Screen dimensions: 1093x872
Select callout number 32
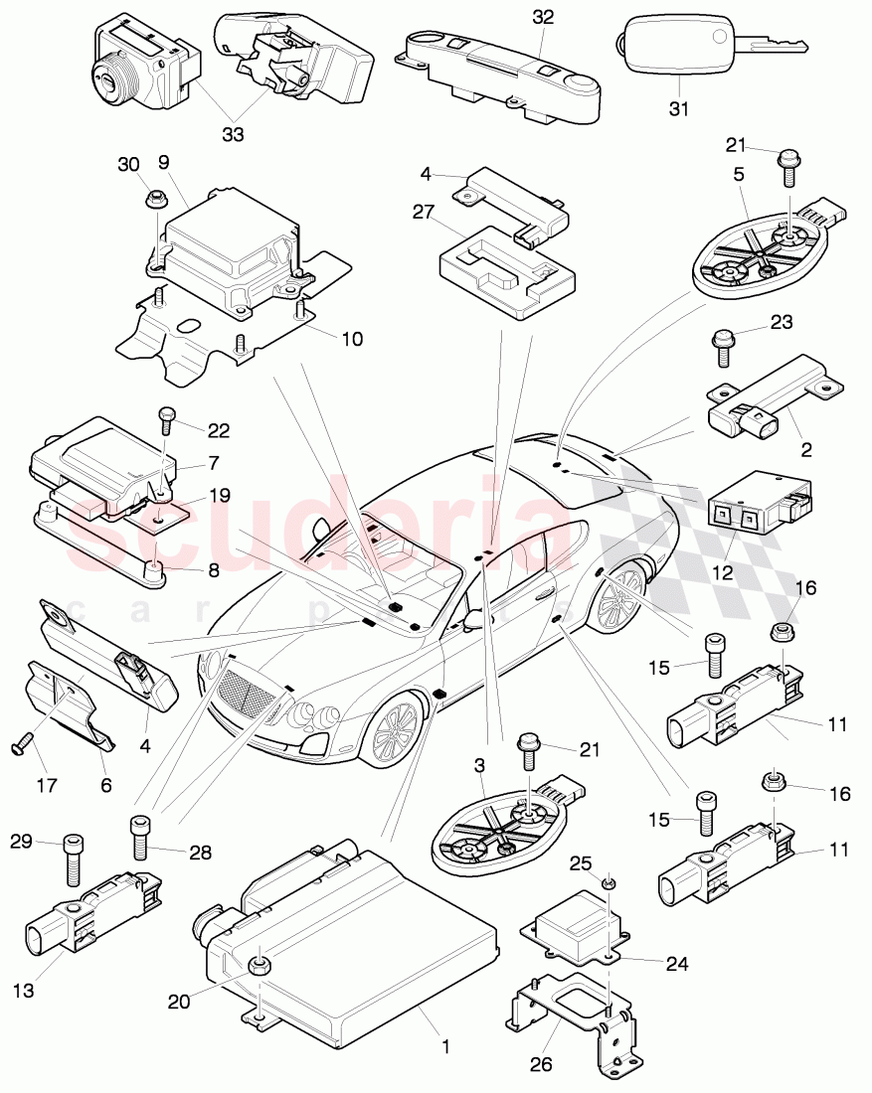[x=543, y=17]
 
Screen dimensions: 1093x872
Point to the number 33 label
[x=232, y=132]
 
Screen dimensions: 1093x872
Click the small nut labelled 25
[x=610, y=883]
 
